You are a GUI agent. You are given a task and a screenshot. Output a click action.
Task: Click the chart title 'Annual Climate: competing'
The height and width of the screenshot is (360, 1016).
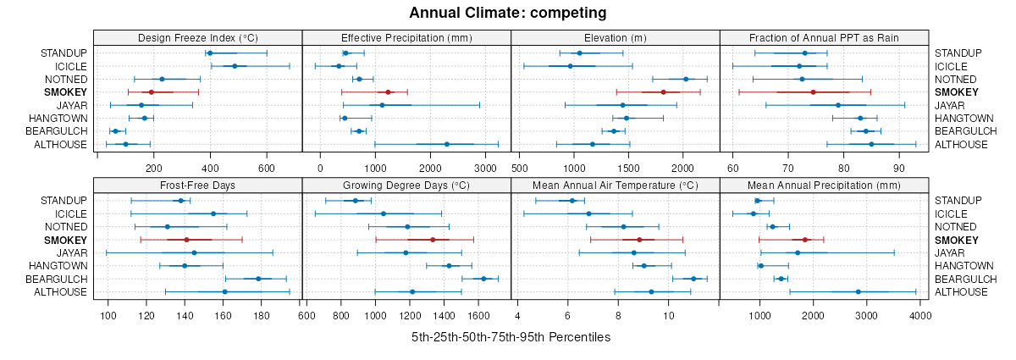click(x=507, y=13)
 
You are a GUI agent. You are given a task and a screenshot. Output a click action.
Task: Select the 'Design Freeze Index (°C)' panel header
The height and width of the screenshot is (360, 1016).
click(x=197, y=37)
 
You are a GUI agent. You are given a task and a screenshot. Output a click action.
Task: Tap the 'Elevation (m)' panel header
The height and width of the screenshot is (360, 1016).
click(x=616, y=37)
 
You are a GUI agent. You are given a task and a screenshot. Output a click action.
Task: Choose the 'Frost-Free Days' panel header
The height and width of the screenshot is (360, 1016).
click(x=197, y=185)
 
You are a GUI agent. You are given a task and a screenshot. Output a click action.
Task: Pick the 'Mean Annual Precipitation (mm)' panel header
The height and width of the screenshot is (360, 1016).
click(x=824, y=185)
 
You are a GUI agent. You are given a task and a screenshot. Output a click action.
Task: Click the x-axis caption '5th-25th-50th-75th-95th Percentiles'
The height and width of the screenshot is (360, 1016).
click(x=511, y=337)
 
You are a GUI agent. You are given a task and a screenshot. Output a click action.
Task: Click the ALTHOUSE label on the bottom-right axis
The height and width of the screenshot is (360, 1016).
click(x=960, y=292)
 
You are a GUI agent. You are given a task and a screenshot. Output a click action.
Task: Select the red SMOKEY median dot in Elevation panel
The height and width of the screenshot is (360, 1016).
click(x=664, y=91)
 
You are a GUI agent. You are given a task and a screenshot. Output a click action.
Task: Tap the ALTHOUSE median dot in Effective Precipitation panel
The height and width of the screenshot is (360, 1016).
click(x=447, y=144)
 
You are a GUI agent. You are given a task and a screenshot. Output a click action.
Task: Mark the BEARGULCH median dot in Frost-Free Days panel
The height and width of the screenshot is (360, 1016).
click(x=258, y=279)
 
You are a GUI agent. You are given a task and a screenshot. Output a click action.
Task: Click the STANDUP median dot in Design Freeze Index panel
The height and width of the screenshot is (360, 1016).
click(x=210, y=53)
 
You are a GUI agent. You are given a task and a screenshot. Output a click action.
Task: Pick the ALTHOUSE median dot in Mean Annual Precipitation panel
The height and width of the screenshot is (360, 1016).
click(x=859, y=292)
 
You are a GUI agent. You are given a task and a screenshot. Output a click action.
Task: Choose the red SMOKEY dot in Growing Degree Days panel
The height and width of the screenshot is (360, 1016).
click(x=433, y=240)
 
